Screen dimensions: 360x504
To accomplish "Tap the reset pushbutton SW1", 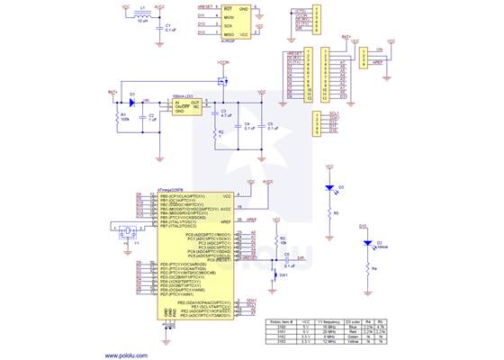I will point(277,275).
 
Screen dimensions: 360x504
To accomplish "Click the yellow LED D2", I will point(367,243).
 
